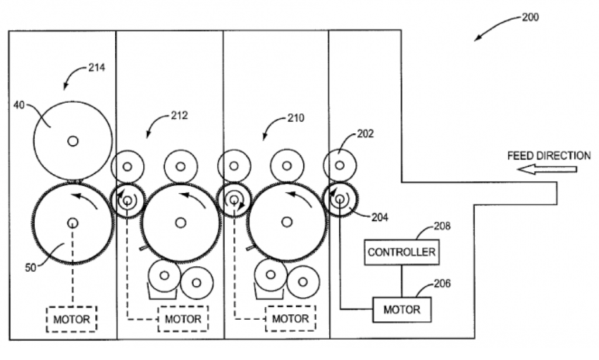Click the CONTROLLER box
click(x=401, y=252)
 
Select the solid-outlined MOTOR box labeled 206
click(x=401, y=308)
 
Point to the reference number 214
click(x=97, y=68)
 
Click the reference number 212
click(x=180, y=115)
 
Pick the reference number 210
click(x=295, y=118)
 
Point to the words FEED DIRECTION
click(x=549, y=155)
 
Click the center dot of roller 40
click(x=73, y=140)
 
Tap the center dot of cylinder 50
click(x=73, y=222)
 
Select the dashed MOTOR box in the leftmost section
click(x=72, y=320)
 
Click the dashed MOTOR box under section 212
click(x=183, y=320)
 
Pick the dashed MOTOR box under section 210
click(x=290, y=320)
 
